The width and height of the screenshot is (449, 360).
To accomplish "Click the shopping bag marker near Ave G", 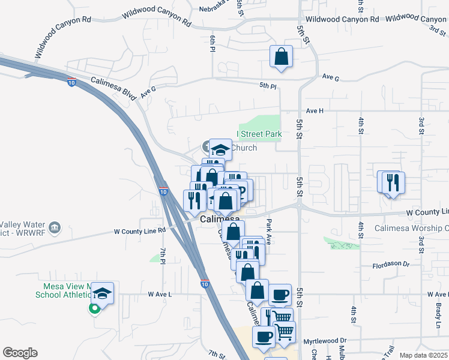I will click(281, 57).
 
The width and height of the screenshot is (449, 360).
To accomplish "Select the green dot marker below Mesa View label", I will click(94, 310).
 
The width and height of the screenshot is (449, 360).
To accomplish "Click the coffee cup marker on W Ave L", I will click(280, 295).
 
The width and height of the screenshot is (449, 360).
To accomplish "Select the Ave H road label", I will click(315, 111).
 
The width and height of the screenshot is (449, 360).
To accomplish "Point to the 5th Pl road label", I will click(268, 86).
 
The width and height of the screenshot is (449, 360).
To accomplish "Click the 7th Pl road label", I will click(163, 255).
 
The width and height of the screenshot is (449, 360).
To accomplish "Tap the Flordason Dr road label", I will click(390, 264).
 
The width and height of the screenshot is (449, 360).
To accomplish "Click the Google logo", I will click(20, 353).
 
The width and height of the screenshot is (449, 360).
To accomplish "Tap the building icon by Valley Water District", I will click(55, 227).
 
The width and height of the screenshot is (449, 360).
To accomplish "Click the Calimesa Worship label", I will click(412, 228).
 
